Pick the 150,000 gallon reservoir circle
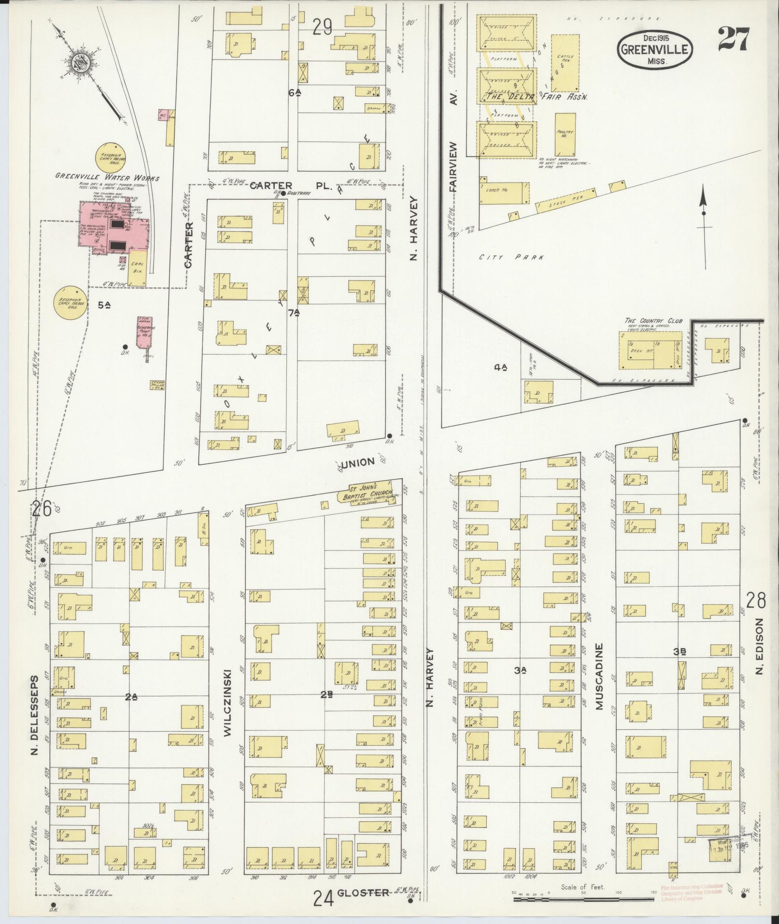(x=71, y=303)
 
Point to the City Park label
(x=511, y=257)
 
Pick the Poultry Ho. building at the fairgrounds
(x=565, y=134)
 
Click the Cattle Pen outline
(x=565, y=63)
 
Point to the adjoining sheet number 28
(x=756, y=601)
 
